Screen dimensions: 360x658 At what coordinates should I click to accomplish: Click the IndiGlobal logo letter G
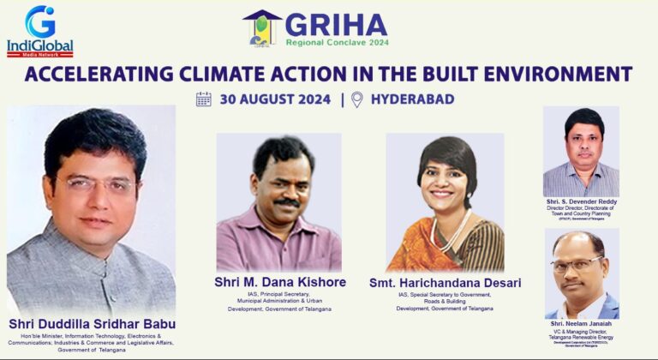(x=39, y=21)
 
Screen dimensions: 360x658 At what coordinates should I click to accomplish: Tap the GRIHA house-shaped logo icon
(x=263, y=27)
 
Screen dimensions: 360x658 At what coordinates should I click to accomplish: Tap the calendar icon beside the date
(x=204, y=99)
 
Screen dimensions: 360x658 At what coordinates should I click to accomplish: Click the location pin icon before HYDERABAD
(x=356, y=99)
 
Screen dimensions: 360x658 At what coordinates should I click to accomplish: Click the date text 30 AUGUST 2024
(x=274, y=99)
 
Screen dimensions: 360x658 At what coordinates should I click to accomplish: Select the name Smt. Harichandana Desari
(x=445, y=282)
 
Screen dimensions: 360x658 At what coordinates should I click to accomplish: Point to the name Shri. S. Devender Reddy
(x=581, y=202)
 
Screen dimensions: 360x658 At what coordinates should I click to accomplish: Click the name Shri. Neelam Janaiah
(x=581, y=324)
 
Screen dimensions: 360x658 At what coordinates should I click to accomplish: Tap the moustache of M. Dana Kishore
(x=286, y=203)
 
